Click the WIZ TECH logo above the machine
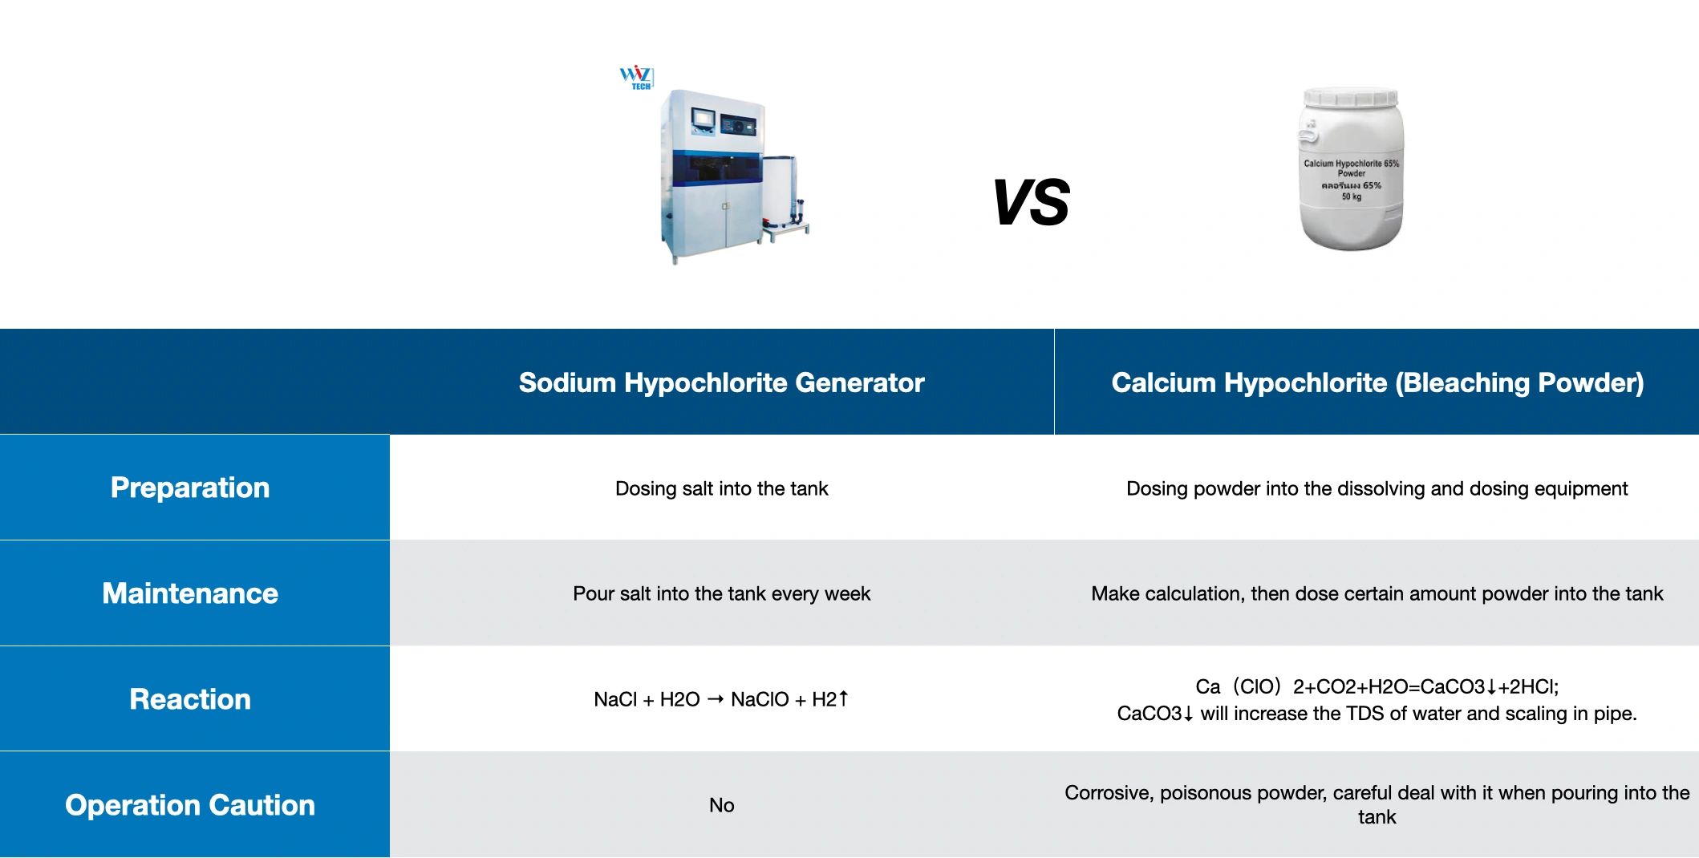tap(637, 78)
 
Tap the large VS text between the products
tap(1031, 203)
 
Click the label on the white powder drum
tap(1351, 179)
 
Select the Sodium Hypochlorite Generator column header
tap(721, 382)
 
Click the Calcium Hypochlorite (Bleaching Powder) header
tap(1377, 382)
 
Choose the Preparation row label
tap(190, 488)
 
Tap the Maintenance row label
tap(190, 593)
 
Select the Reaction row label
tap(190, 699)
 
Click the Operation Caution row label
tap(190, 805)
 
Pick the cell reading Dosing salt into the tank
tap(721, 488)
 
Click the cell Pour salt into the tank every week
tap(721, 593)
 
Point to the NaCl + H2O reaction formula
tap(721, 699)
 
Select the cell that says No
tap(721, 805)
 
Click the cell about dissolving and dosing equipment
tap(1377, 488)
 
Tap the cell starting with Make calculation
tap(1377, 593)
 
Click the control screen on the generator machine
tap(704, 118)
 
